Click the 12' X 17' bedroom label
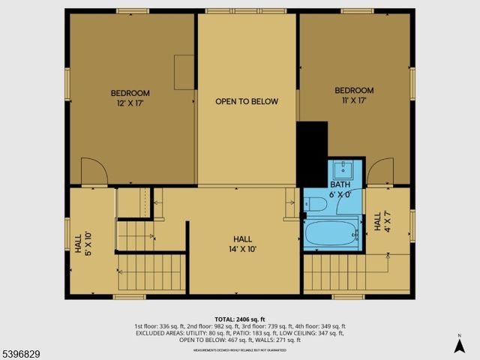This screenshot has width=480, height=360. pos(130,97)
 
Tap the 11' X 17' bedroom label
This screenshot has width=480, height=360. pos(353,95)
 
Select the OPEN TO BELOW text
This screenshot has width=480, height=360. pos(247,101)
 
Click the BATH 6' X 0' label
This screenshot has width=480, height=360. pos(340,188)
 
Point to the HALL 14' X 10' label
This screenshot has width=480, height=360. pos(243,244)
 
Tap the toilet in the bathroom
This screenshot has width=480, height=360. pos(316,204)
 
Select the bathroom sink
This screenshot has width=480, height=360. pos(345,168)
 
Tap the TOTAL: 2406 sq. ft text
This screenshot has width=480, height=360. pos(240,318)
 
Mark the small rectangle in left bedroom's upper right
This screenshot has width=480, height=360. pos(184,71)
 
